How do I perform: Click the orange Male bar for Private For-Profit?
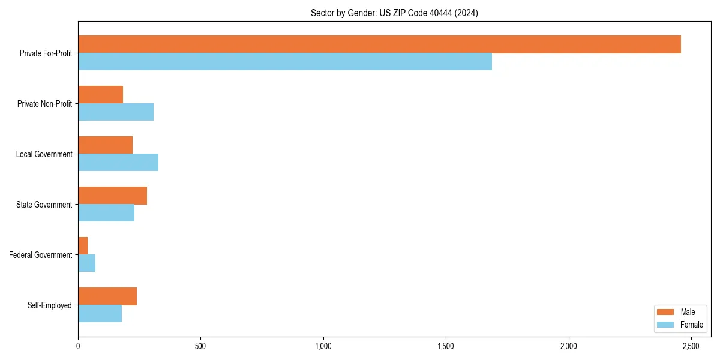click(x=379, y=44)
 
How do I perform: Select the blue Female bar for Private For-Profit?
click(x=285, y=62)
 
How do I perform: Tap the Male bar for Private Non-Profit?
click(x=100, y=95)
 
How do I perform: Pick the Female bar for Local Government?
click(x=118, y=163)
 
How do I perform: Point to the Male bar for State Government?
click(x=112, y=196)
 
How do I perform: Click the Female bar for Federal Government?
click(x=86, y=263)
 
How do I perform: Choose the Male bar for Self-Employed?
click(x=107, y=296)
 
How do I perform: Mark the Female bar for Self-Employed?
click(x=100, y=314)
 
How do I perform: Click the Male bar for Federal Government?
click(x=83, y=246)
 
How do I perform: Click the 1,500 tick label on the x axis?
click(x=446, y=346)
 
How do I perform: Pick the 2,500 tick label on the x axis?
click(x=691, y=346)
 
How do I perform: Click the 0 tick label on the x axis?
click(x=78, y=346)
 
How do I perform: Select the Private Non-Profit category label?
click(x=44, y=104)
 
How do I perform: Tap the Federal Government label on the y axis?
click(x=41, y=255)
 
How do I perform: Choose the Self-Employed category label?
click(x=50, y=305)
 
